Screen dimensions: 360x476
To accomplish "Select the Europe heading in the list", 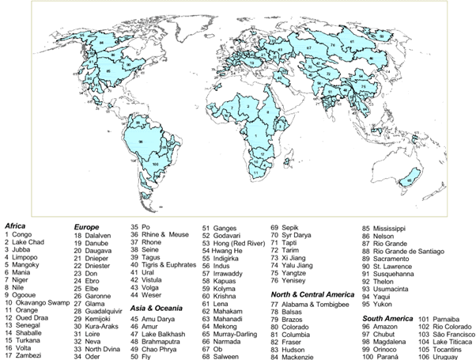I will (88, 225).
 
